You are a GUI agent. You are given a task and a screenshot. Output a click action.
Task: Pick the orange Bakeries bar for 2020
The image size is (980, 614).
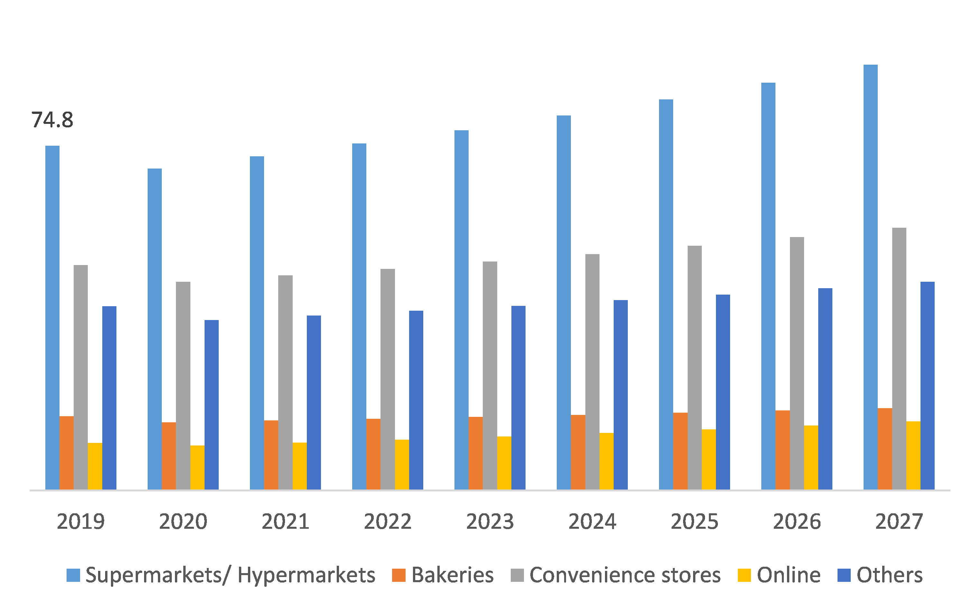pos(169,456)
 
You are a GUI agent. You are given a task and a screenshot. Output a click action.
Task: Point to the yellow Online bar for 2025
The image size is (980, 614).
pos(709,459)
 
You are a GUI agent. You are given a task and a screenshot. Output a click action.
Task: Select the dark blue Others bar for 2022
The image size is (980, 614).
pos(416,400)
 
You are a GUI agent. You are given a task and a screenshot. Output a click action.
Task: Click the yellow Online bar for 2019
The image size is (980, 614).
pos(95,466)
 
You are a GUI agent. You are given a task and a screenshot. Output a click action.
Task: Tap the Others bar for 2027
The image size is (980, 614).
pos(927,385)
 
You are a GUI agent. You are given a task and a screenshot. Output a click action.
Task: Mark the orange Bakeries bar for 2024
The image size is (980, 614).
pos(578,452)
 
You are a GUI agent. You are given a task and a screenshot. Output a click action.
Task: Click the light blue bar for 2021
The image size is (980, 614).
pos(257,323)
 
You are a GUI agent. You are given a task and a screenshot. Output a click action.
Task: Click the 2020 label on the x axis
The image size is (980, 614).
pos(183,521)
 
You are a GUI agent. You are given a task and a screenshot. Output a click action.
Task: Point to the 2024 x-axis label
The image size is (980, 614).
pos(592,521)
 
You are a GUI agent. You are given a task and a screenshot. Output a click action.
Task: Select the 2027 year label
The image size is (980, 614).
pos(899,521)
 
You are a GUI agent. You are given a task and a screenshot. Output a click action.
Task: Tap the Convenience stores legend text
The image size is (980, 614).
pos(625,575)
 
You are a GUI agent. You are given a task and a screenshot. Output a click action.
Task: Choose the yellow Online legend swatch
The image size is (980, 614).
pos(744,575)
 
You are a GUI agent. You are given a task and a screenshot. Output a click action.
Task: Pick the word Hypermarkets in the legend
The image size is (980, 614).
pos(307,575)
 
